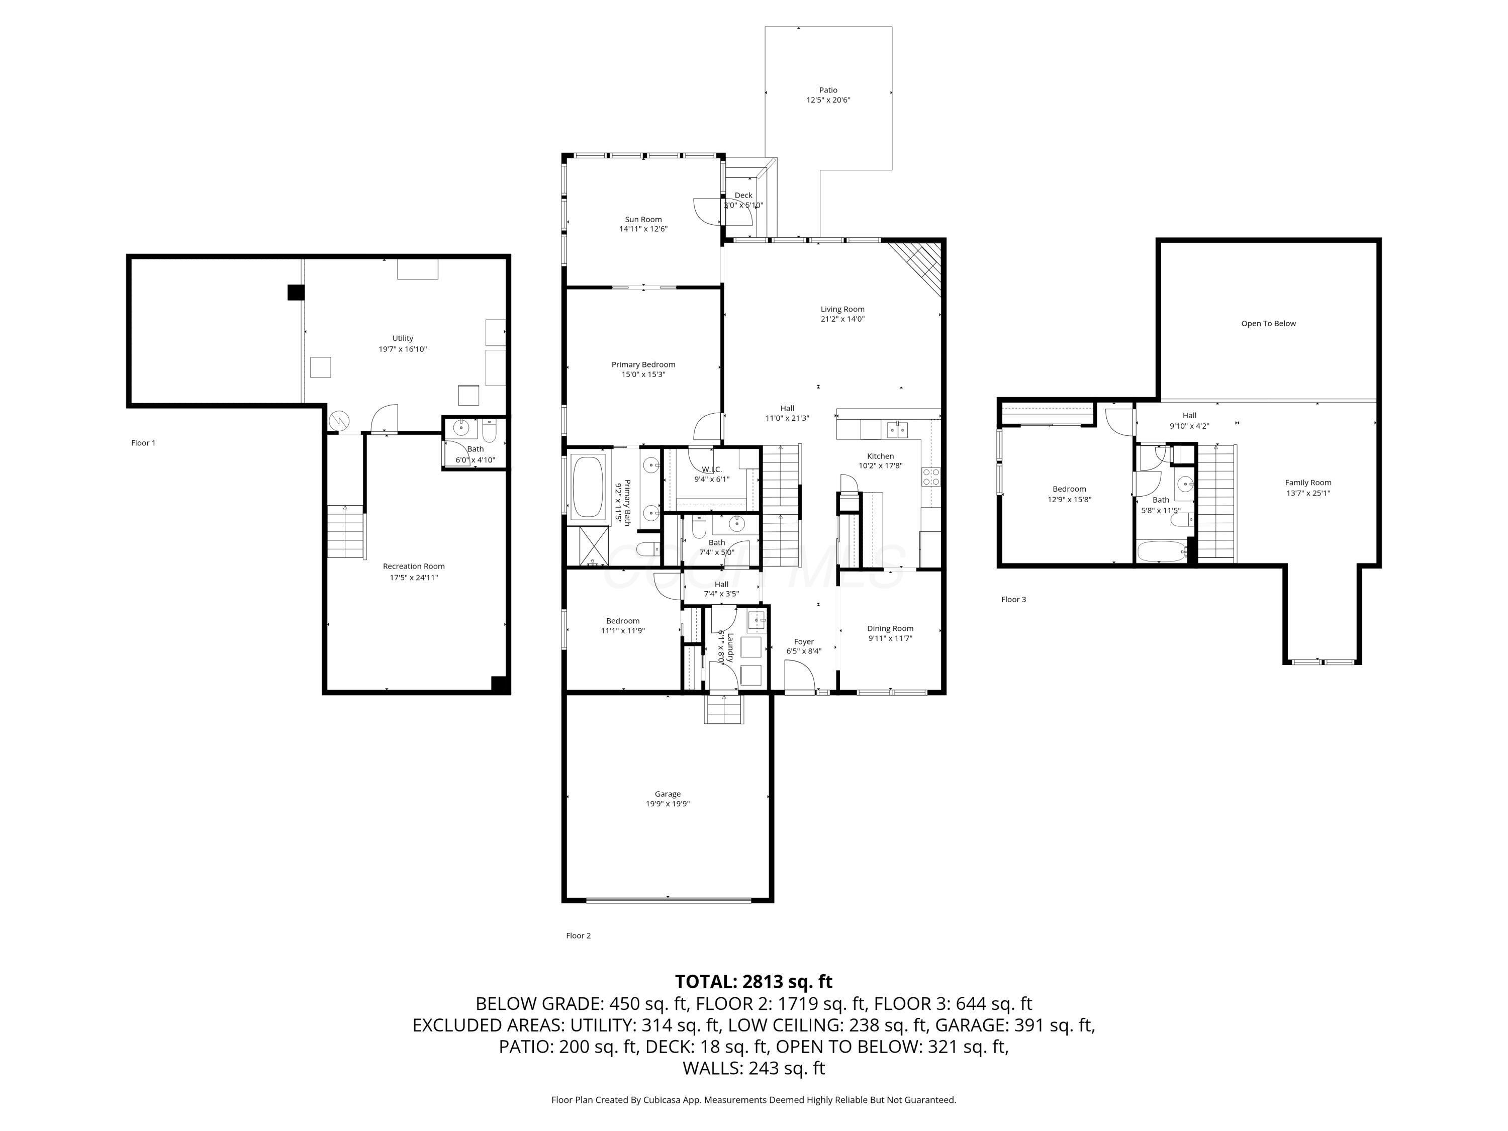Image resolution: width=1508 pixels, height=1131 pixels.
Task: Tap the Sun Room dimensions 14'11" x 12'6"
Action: point(643,229)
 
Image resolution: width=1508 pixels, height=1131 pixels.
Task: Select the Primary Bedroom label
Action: point(643,365)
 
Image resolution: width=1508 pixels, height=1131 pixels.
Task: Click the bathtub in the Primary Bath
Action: point(588,488)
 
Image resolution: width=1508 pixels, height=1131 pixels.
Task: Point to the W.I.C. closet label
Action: point(712,469)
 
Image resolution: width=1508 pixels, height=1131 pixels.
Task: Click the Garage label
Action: point(668,794)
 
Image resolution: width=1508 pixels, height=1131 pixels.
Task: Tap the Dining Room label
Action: point(890,628)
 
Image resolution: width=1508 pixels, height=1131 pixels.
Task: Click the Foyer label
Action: point(804,641)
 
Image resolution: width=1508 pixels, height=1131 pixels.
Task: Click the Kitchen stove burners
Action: point(930,477)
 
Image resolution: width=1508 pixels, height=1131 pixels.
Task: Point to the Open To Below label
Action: point(1268,323)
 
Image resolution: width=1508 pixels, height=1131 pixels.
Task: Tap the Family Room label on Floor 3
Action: point(1307,483)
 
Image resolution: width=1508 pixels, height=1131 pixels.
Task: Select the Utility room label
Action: point(402,338)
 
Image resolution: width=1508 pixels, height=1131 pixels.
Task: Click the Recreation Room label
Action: point(413,566)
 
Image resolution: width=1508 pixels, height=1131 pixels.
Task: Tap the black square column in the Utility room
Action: point(295,293)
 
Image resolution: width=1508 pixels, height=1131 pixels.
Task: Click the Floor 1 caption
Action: point(143,443)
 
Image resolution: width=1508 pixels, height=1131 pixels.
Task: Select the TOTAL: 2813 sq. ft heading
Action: point(753,982)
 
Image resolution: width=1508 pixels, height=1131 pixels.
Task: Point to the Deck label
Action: point(743,195)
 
